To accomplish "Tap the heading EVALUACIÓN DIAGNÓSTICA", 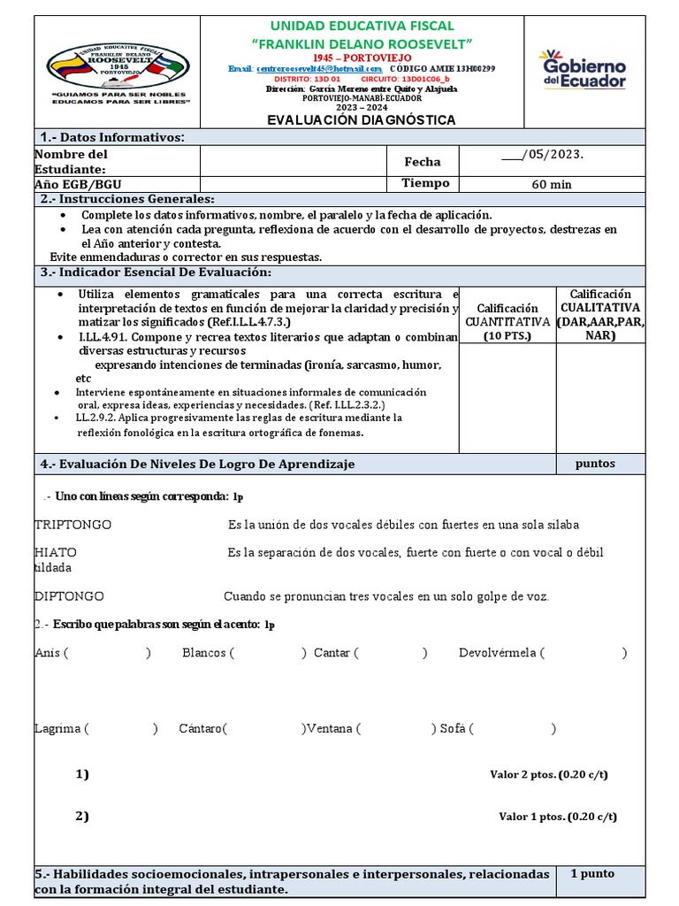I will click(362, 119).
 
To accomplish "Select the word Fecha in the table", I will click(422, 162).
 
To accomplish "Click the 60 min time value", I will click(551, 184).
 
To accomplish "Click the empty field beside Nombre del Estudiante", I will click(294, 162).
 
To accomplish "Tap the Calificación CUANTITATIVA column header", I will click(507, 321).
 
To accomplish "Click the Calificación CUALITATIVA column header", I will click(600, 314).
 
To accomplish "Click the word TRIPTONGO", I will click(72, 525).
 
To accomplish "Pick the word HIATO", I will click(55, 552).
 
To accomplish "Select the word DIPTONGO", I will click(69, 596).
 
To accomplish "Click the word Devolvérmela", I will click(497, 653).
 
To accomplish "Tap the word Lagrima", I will click(58, 729).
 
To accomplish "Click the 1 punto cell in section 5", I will click(591, 873).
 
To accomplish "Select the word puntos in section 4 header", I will click(594, 464).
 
